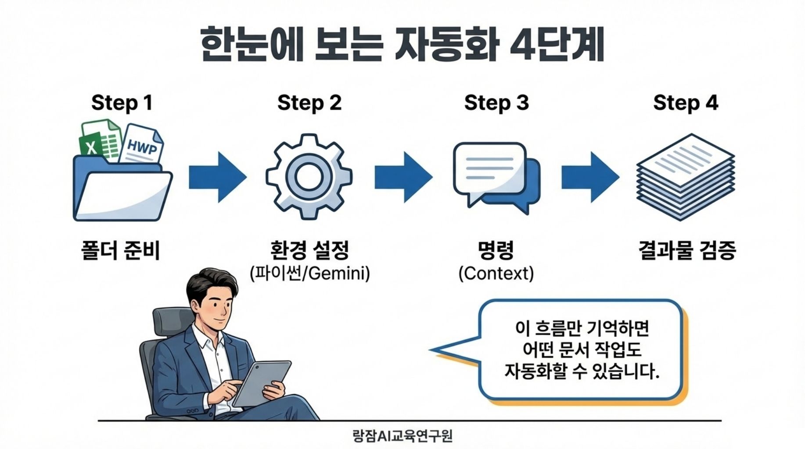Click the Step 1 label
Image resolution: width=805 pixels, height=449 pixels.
click(x=122, y=103)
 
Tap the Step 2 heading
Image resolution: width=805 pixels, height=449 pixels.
click(x=309, y=103)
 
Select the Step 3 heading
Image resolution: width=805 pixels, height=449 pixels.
click(x=496, y=103)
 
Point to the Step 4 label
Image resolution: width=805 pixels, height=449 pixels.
click(x=685, y=103)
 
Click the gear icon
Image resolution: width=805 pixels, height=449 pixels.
click(x=309, y=176)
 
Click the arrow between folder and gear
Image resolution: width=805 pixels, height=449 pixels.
click(x=217, y=177)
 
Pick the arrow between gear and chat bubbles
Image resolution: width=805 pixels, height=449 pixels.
click(x=403, y=177)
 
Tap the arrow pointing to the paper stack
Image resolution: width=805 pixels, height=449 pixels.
click(x=590, y=177)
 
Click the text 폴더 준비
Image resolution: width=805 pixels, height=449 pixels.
click(x=121, y=251)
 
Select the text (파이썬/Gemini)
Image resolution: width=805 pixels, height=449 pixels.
click(x=309, y=274)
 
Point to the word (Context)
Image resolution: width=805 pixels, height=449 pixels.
click(x=496, y=274)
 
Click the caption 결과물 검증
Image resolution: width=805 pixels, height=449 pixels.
click(x=686, y=251)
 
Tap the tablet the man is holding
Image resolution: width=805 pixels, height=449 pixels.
click(x=262, y=382)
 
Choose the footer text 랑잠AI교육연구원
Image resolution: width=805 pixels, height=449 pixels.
click(x=402, y=436)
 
